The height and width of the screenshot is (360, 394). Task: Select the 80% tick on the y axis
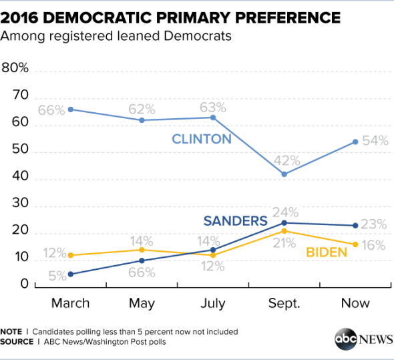[x=15, y=68]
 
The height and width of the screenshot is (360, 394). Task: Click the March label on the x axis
[x=70, y=303]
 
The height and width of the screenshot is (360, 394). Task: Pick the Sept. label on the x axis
[x=284, y=303]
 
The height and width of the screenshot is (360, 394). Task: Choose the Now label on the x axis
[x=356, y=303]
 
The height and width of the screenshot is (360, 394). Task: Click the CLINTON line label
[x=201, y=140]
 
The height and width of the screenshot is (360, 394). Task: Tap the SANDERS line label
[x=235, y=221]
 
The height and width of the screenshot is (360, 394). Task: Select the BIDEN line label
[x=327, y=252]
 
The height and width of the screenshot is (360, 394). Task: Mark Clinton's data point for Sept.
[x=284, y=174]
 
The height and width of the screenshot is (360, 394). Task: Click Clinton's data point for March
[x=70, y=110]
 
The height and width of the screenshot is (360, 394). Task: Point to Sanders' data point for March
[x=70, y=274]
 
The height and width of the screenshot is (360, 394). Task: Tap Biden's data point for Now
[x=356, y=244]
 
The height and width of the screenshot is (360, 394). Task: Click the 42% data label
[x=284, y=161]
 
